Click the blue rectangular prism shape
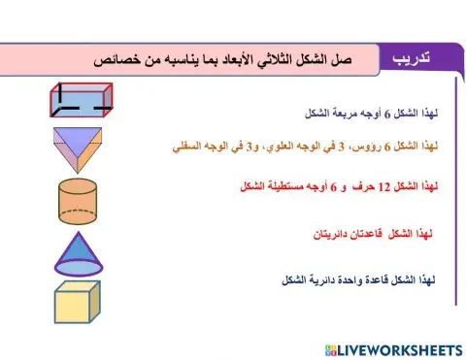pos(84,100)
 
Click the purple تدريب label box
pos(418,60)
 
